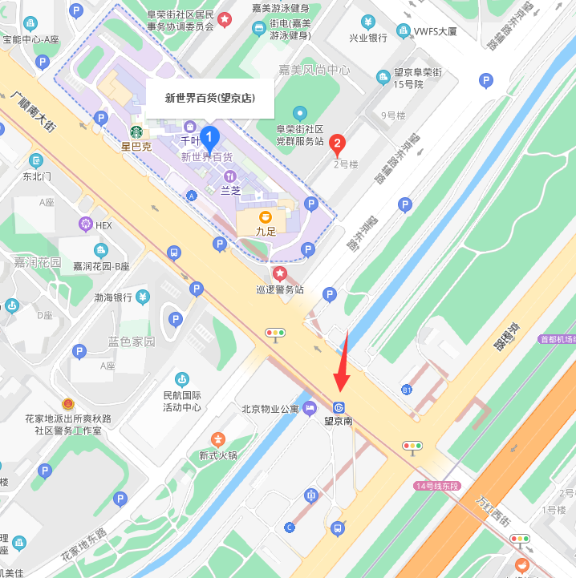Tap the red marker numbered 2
338,145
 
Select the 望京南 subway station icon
339,407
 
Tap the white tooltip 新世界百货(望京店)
209,99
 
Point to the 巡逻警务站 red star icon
280,274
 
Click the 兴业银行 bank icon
367,22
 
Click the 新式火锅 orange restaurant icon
218,439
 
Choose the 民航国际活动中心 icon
182,378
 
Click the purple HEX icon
85,225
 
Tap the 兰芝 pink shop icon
230,176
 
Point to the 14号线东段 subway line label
437,486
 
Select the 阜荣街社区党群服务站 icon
299,112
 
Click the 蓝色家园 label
132,342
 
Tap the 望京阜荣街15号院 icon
383,76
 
